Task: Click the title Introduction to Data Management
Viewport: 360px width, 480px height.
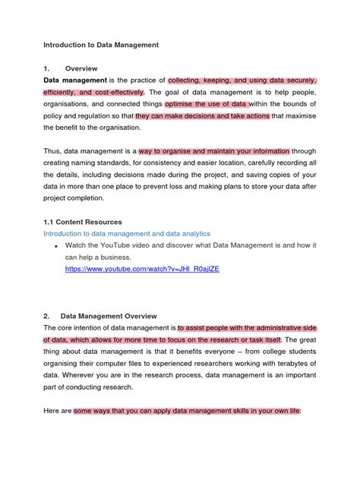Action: click(101, 45)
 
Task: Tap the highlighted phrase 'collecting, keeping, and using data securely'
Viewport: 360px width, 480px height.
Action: click(242, 80)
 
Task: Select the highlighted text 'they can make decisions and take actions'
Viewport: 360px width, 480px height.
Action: click(202, 116)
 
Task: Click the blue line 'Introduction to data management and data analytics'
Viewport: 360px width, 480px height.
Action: click(127, 233)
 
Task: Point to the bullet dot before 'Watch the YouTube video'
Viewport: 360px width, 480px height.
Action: click(56, 247)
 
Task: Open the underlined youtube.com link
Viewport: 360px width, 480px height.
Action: click(142, 269)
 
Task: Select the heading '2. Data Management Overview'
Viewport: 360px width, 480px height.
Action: click(99, 315)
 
